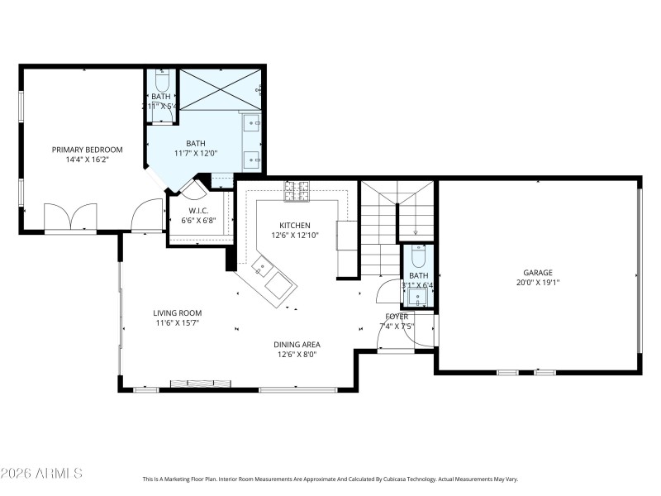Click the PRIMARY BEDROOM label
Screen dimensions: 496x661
click(x=87, y=150)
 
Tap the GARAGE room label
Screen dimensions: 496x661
click(x=537, y=272)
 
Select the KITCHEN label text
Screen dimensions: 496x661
click(x=295, y=226)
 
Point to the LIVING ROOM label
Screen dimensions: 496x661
click(x=177, y=312)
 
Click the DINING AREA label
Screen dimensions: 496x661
click(x=297, y=344)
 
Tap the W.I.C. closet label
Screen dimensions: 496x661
click(x=198, y=210)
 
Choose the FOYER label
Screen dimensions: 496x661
click(x=397, y=316)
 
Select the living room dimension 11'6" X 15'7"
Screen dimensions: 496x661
click(x=177, y=322)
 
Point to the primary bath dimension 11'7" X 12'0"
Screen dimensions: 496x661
click(x=196, y=153)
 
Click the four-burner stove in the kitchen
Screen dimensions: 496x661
click(x=297, y=191)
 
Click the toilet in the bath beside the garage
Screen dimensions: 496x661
click(x=419, y=254)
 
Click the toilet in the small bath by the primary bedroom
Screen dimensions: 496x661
click(x=162, y=83)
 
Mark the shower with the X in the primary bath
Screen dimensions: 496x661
click(x=219, y=89)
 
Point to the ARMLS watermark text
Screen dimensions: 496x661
click(x=41, y=473)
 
